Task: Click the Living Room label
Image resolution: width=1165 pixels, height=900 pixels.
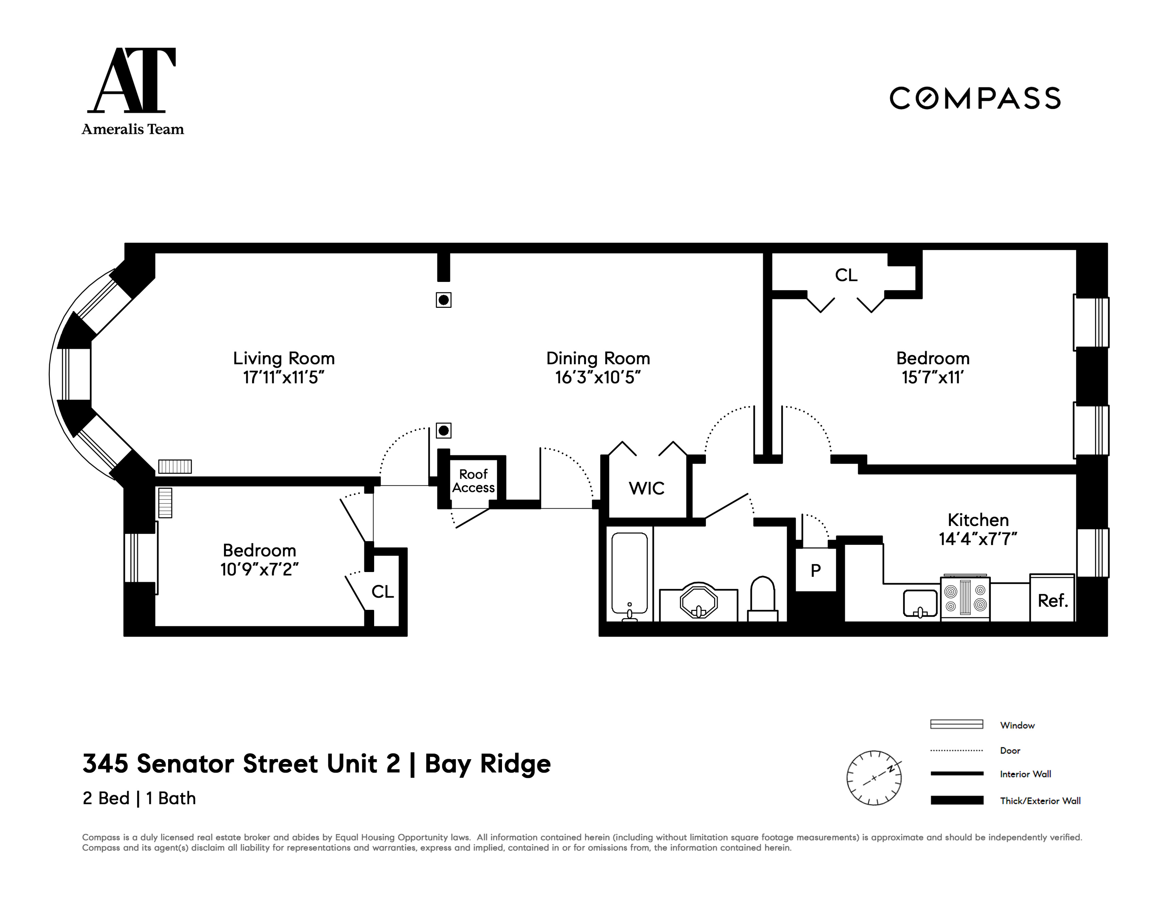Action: click(284, 358)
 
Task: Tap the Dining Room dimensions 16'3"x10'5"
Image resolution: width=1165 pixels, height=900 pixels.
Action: click(598, 377)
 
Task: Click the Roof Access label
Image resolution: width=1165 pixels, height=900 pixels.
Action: click(473, 481)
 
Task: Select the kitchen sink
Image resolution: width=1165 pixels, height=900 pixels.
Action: click(920, 603)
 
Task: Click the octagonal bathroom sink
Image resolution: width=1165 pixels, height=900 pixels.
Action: click(698, 602)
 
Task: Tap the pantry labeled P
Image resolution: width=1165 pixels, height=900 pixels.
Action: click(815, 570)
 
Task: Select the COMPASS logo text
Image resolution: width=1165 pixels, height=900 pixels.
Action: click(975, 99)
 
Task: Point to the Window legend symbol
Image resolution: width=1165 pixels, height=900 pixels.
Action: click(956, 724)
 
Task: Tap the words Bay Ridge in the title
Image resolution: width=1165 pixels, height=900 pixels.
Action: click(488, 764)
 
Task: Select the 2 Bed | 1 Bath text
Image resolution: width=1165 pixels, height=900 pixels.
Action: click(139, 798)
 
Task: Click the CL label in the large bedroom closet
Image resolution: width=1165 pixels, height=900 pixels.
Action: click(846, 275)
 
